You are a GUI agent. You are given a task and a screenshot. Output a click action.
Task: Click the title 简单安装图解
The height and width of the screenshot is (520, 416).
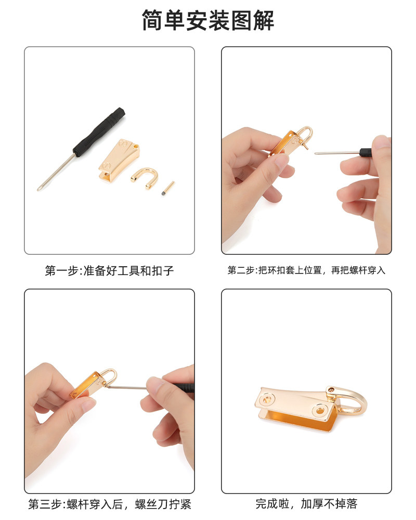208,20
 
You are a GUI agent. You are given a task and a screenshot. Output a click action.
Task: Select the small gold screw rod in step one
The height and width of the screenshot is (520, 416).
168,188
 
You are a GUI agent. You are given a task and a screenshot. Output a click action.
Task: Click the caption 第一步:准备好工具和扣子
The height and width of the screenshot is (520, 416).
110,270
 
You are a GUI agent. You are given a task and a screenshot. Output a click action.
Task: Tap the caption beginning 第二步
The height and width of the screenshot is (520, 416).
306,270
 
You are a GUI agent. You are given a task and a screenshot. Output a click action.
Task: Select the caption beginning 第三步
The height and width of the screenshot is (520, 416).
110,504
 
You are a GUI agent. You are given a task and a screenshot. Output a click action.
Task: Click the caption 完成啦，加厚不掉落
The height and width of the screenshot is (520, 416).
306,504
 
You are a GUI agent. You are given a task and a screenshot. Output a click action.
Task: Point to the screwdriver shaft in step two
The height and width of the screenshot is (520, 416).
337,153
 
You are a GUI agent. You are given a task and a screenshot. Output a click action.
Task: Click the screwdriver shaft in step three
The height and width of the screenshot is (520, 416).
128,387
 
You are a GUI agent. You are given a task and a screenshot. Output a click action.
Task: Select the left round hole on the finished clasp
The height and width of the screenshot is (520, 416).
266,399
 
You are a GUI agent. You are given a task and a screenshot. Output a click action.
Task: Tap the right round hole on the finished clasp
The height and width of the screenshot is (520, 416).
320,411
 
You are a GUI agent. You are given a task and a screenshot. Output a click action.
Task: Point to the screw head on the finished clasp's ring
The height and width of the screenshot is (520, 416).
330,390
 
